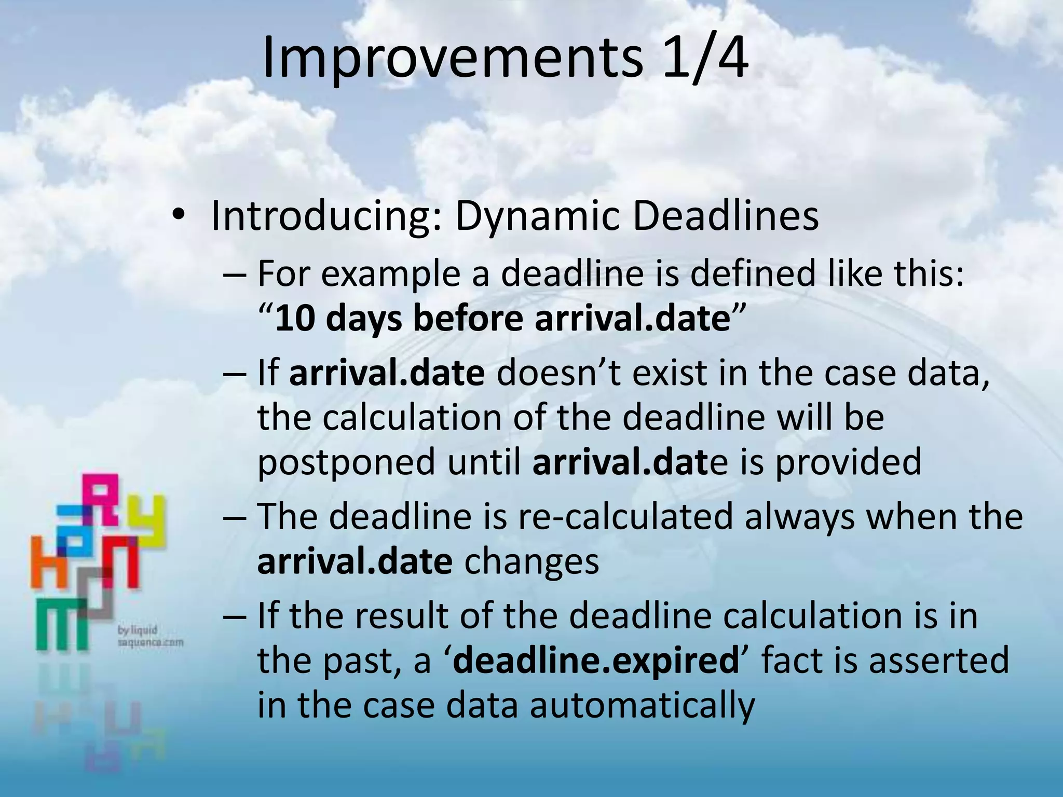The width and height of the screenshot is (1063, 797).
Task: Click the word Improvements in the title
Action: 452,58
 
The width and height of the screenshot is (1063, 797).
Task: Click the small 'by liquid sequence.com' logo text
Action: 151,636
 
